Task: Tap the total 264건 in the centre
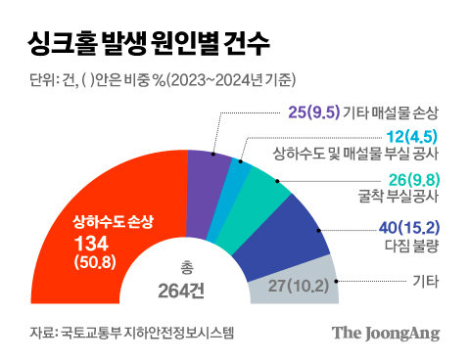coord(184,289)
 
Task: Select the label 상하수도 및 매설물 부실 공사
coord(367,155)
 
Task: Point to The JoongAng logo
coord(384,333)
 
